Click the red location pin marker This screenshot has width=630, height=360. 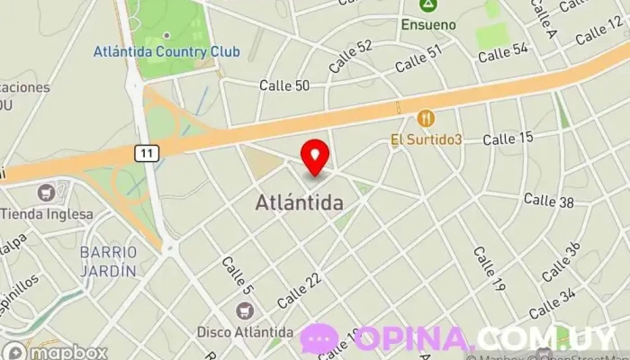pyautogui.click(x=315, y=156)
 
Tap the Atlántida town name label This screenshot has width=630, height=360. pyautogui.click(x=298, y=203)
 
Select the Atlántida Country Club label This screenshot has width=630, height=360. pyautogui.click(x=166, y=51)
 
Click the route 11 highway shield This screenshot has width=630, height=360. pyautogui.click(x=148, y=154)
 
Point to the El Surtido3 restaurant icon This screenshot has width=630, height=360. pyautogui.click(x=426, y=118)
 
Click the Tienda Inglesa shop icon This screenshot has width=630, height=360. pyautogui.click(x=46, y=193)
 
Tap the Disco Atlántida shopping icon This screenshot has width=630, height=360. pyautogui.click(x=243, y=310)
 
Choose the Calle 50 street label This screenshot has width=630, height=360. pyautogui.click(x=284, y=85)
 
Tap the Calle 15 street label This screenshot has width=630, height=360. pyautogui.click(x=508, y=139)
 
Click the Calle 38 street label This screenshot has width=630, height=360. pyautogui.click(x=548, y=201)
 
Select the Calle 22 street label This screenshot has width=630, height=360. pyautogui.click(x=299, y=289)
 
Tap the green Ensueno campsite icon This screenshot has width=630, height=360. pyautogui.click(x=429, y=6)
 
